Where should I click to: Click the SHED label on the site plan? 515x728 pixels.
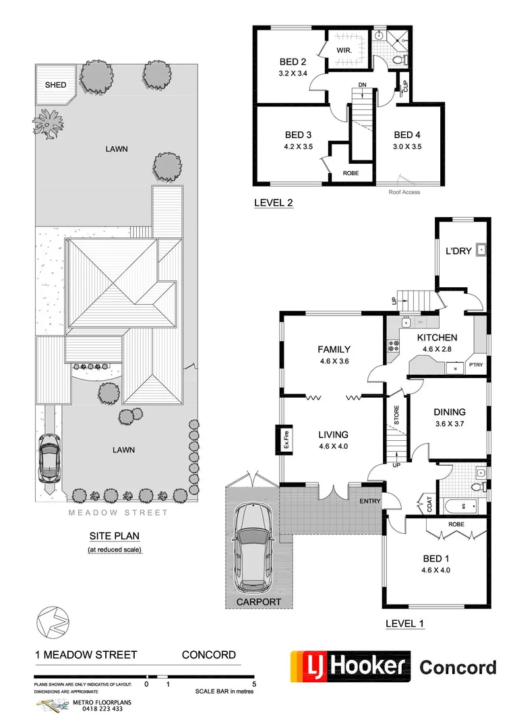(x=55, y=85)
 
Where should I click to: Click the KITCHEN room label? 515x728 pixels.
(x=437, y=338)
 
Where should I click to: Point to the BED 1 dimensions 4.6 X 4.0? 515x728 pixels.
(x=435, y=570)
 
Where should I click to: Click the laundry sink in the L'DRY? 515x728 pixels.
(x=480, y=251)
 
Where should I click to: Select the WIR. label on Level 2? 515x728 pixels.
(x=345, y=51)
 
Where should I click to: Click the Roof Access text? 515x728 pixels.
(x=404, y=192)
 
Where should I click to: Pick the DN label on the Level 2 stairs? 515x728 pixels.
(x=362, y=84)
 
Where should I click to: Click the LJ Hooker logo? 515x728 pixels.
(x=351, y=667)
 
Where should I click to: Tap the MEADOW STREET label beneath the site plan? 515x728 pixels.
(x=117, y=512)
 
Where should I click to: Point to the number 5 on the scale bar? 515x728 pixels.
(x=254, y=684)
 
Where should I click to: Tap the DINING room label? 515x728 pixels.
(x=449, y=412)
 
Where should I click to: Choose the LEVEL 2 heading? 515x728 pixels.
(x=273, y=202)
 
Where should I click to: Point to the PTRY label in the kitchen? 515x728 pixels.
(x=475, y=365)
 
